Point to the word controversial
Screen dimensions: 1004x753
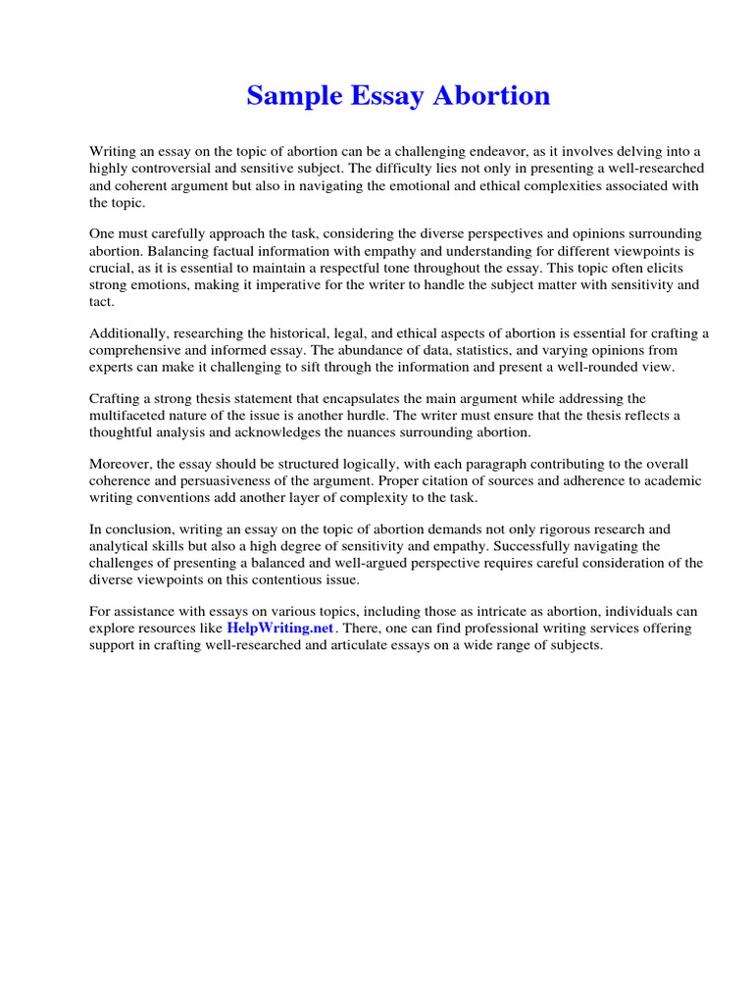coord(182,169)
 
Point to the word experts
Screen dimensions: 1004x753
coord(112,367)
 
